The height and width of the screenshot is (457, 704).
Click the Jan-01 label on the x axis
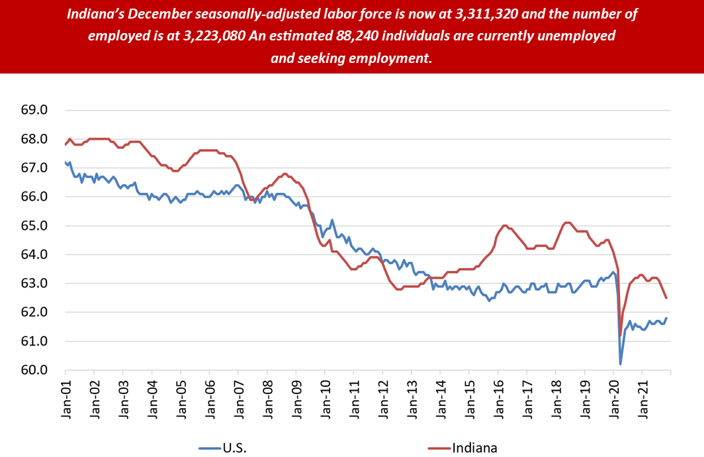66,397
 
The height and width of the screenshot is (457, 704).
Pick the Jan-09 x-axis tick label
296,397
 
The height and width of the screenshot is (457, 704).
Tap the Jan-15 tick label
469,397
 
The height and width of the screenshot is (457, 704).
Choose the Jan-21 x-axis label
642,397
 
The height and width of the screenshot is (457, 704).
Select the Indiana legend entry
474,448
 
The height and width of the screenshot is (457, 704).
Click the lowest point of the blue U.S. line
621,364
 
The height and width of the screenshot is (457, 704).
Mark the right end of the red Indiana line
666,298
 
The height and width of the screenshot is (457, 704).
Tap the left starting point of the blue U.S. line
65,162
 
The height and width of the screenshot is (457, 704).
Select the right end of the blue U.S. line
666,318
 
